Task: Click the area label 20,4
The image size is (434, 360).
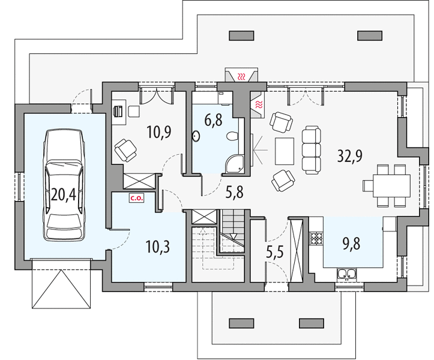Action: coord(64,194)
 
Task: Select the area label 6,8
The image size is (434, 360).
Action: coord(214,120)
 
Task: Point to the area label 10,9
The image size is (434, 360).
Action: coord(159,132)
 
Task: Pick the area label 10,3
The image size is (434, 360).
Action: coord(158,247)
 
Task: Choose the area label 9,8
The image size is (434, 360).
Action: coord(351,244)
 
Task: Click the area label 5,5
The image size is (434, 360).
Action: coord(275,253)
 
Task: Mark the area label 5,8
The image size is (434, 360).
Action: coord(235,192)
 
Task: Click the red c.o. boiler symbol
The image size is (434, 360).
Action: coord(136,198)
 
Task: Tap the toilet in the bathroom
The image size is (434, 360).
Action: coord(232,136)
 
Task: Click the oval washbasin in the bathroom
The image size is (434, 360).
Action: coord(196,136)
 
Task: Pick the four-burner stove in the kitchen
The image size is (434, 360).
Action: coord(316,238)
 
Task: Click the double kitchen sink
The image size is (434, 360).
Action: coord(346,274)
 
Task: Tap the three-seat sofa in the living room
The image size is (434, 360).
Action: coord(312,150)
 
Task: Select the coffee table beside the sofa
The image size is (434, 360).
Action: coord(285,151)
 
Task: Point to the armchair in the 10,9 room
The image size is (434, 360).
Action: coord(125,150)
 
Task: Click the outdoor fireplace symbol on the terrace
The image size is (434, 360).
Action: coord(242,75)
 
